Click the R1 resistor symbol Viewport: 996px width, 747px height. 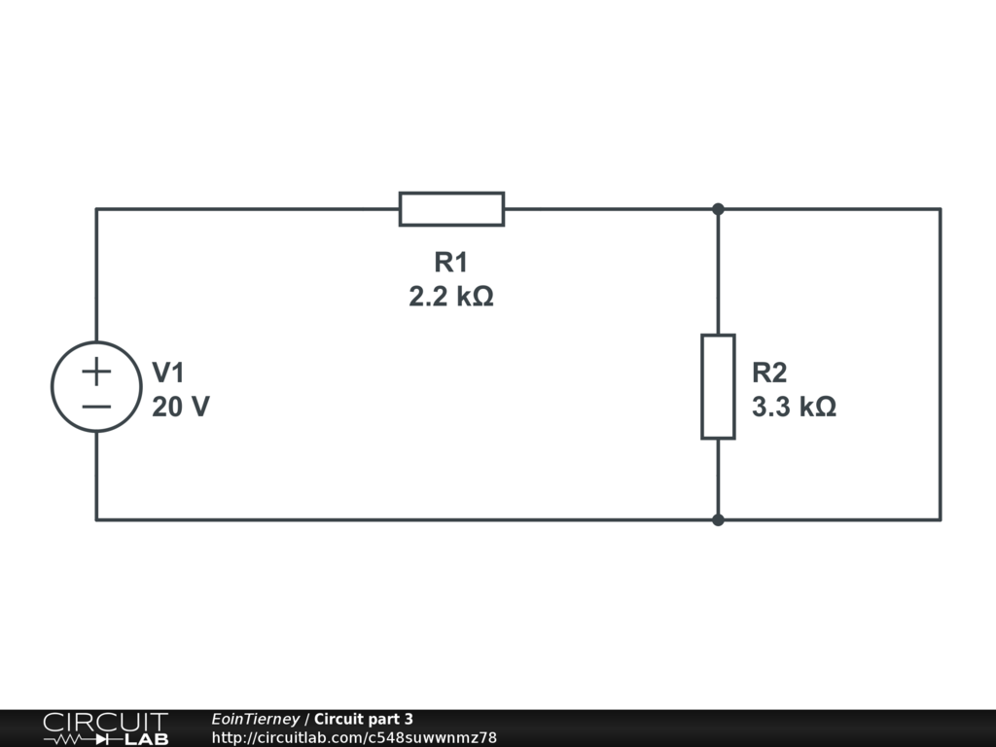(451, 209)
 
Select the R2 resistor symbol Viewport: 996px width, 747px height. (718, 386)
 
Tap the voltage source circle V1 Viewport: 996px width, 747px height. (96, 386)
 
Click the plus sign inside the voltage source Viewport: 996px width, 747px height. (96, 371)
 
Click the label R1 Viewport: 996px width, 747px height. (451, 263)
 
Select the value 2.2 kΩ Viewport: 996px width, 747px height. (451, 297)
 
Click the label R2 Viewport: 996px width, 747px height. (769, 373)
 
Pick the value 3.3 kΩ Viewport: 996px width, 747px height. (794, 407)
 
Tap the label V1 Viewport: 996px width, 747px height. (168, 373)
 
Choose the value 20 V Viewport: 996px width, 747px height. (180, 407)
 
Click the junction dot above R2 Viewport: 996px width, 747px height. (718, 209)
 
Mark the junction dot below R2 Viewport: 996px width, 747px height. (718, 519)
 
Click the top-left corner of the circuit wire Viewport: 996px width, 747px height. (96, 209)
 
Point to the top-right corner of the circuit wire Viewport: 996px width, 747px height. (940, 209)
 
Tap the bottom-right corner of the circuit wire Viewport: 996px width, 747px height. (940, 519)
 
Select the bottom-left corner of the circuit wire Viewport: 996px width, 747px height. (96, 519)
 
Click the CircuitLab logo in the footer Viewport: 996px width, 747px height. (105, 729)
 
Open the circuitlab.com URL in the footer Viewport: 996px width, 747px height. (354, 737)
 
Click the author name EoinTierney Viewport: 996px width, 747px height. (255, 719)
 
